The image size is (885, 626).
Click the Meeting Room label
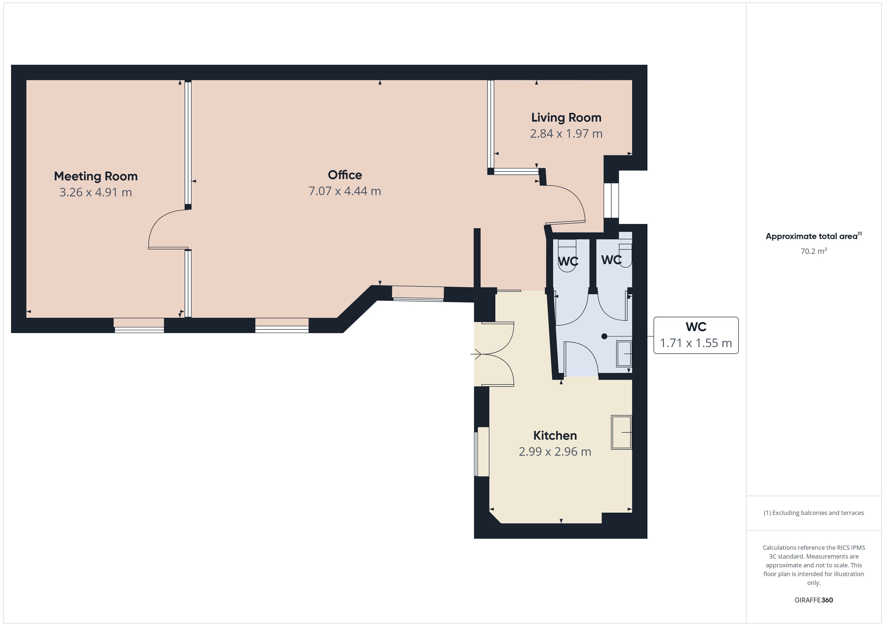(x=96, y=176)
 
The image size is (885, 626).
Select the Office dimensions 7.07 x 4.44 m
(x=345, y=191)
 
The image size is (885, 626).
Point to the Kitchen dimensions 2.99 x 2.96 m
(x=555, y=451)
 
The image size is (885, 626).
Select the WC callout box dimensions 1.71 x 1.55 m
(x=696, y=343)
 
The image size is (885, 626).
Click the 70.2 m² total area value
(x=814, y=251)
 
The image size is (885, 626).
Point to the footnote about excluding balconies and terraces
(x=814, y=513)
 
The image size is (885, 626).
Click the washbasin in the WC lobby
(x=624, y=353)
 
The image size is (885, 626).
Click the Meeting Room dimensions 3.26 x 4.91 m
(x=96, y=192)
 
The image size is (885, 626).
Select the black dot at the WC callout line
(x=604, y=336)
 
